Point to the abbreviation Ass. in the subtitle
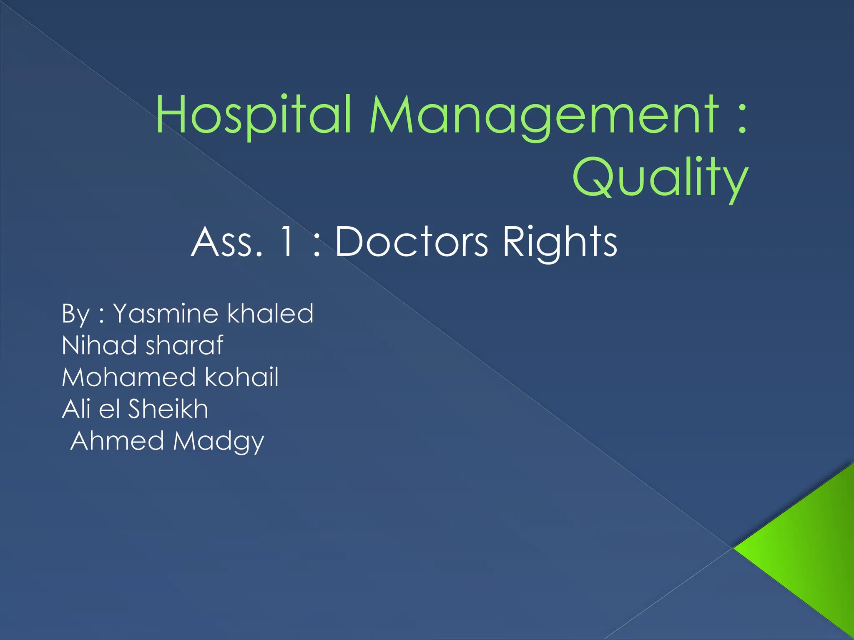(228, 242)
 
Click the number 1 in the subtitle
(287, 242)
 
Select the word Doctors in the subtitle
(411, 242)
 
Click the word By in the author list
(75, 313)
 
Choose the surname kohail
(241, 377)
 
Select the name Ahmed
(117, 441)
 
